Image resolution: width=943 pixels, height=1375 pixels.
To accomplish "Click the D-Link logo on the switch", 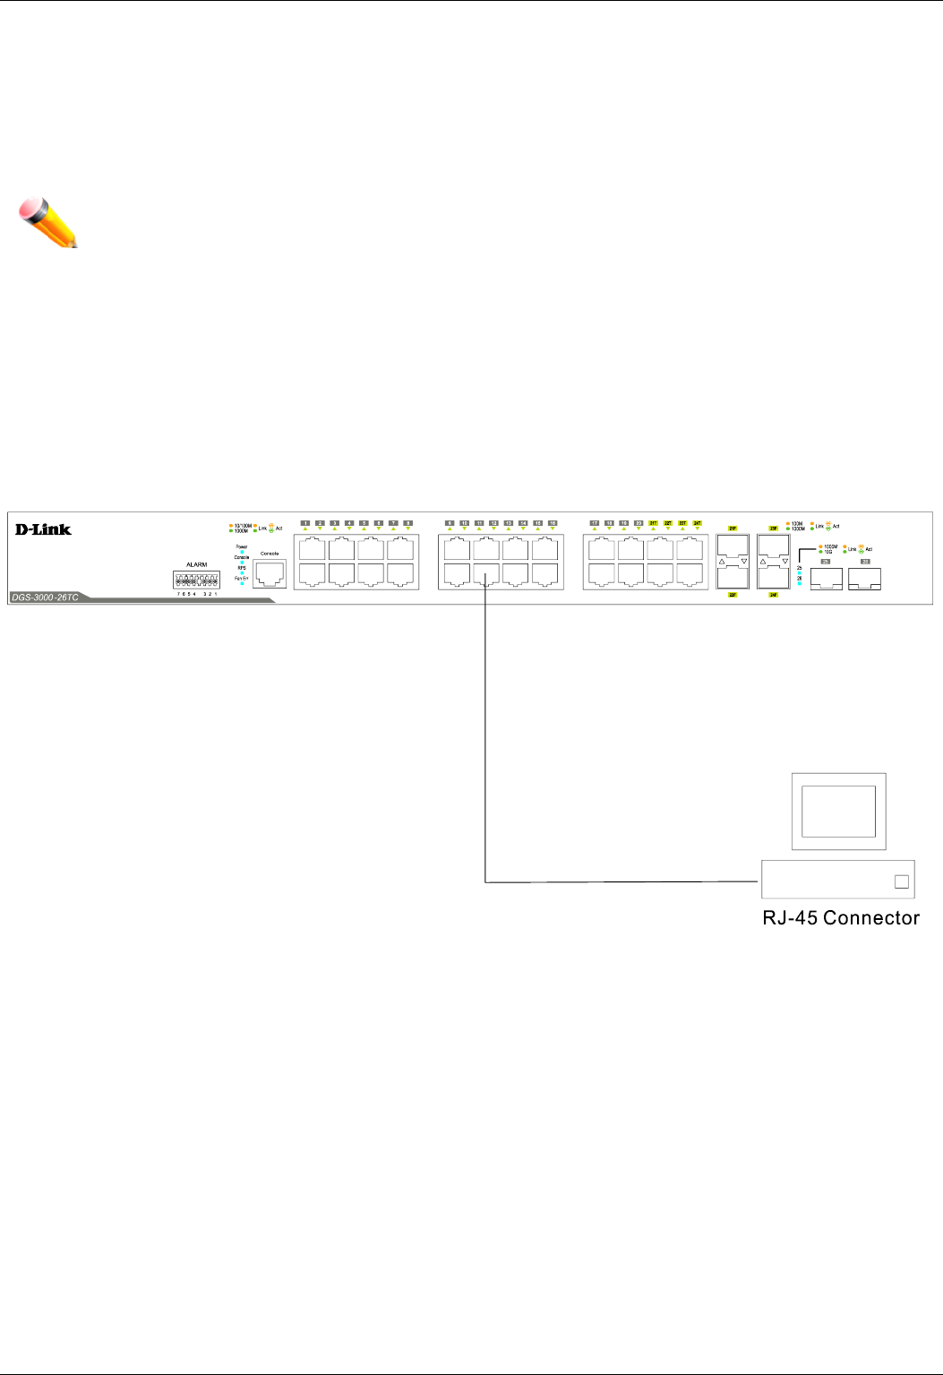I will click(43, 529).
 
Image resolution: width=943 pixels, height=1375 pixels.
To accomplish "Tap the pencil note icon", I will click(48, 224).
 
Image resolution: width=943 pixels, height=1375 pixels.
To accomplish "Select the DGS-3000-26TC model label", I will click(46, 597).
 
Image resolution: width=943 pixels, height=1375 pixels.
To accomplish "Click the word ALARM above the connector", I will click(196, 565).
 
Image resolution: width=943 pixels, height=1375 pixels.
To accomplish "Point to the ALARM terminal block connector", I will click(197, 580).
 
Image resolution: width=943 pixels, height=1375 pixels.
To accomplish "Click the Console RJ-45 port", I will click(270, 573).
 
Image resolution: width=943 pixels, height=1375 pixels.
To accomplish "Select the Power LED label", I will click(242, 546).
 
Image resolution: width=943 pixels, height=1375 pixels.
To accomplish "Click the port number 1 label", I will click(304, 522).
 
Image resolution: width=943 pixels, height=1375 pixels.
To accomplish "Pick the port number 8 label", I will click(407, 522).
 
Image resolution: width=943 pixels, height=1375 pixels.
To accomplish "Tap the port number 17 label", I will click(594, 522).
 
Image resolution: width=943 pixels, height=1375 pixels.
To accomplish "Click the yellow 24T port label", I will click(697, 522).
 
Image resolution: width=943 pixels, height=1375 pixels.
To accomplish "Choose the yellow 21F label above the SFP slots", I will click(733, 529).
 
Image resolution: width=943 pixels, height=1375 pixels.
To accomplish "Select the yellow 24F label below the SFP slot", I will click(773, 595).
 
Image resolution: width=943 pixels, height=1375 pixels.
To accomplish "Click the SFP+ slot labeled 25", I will click(826, 580).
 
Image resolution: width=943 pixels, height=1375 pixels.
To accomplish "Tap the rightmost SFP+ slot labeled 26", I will click(864, 580).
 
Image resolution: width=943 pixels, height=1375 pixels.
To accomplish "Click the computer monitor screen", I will click(838, 811).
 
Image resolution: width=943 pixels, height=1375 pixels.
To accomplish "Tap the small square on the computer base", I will click(902, 881).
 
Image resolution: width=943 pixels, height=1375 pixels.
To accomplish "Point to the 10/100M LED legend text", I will click(243, 526).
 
